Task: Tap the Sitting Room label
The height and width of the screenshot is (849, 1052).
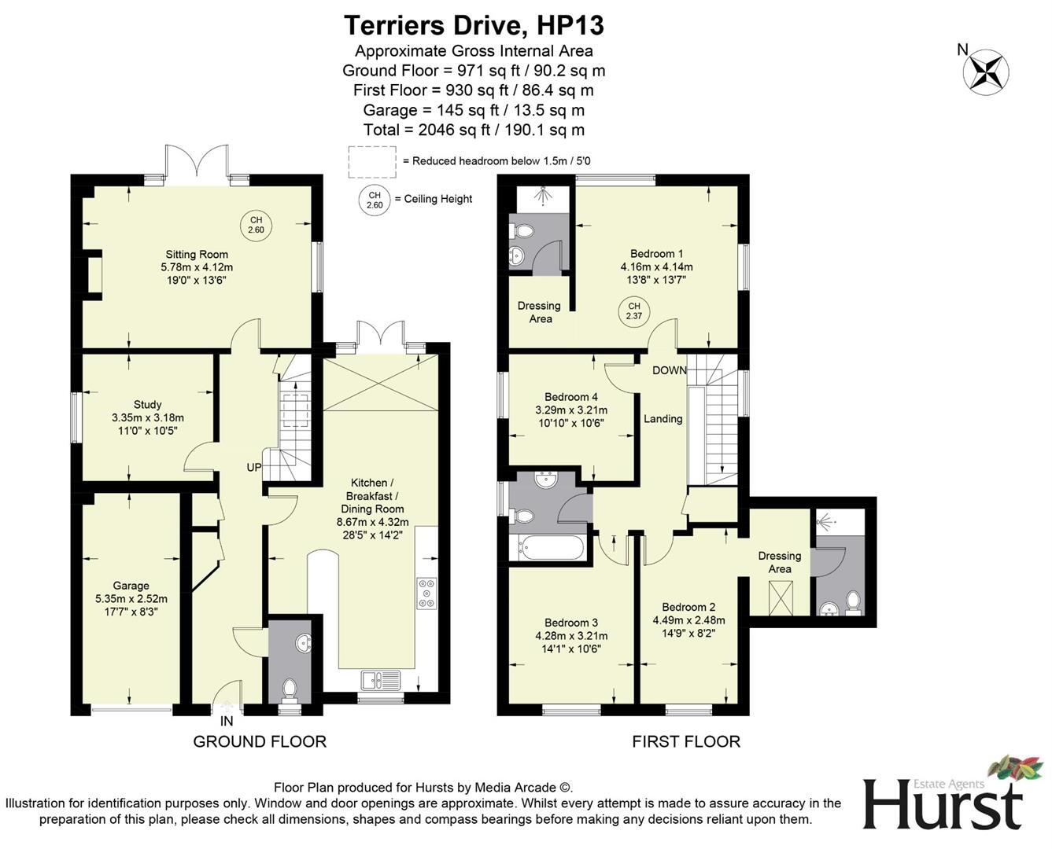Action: coord(197,254)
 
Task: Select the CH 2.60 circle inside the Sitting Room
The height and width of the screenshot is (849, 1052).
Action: coord(256,225)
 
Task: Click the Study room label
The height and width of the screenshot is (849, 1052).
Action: coord(147,405)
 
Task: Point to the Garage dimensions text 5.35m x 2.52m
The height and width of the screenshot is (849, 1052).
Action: coord(131,598)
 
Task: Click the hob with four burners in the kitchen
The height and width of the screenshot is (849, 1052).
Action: coord(426,594)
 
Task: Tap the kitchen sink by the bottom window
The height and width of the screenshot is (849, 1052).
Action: coord(381,679)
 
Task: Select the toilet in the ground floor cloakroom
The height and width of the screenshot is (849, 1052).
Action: coord(289,689)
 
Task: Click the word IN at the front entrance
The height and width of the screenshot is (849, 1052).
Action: coord(227,721)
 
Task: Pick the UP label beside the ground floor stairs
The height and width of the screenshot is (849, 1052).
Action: coord(254,468)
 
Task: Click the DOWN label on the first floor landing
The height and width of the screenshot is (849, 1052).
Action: coord(669,370)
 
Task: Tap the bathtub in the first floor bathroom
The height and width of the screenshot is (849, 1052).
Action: coord(549,548)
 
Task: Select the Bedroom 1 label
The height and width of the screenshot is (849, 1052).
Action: coord(656,254)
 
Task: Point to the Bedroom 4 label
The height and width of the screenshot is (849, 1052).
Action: coord(571,397)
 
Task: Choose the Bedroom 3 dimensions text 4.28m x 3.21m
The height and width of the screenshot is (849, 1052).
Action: coord(571,636)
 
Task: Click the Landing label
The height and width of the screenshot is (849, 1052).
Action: coord(663,419)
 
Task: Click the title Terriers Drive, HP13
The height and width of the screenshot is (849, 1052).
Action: coord(474,25)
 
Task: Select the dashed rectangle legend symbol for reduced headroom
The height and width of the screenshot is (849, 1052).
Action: coord(372,160)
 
